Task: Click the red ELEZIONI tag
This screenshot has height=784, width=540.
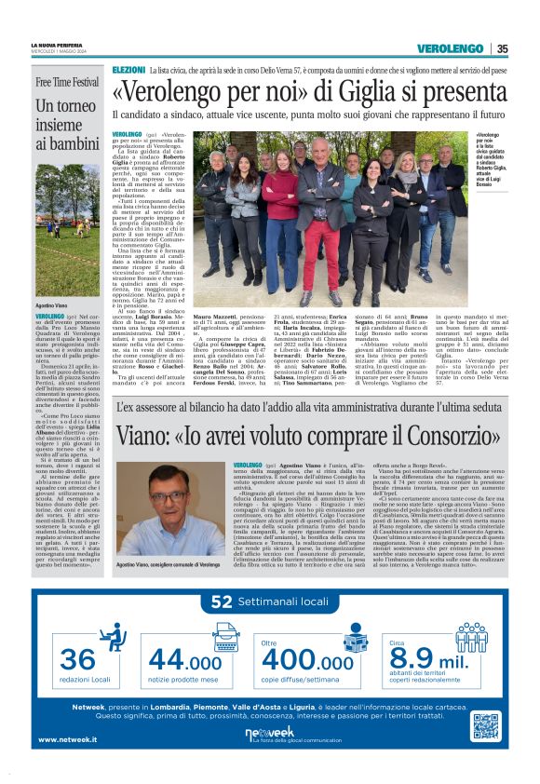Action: (x=128, y=70)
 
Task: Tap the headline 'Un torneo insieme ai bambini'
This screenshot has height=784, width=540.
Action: (x=68, y=125)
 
